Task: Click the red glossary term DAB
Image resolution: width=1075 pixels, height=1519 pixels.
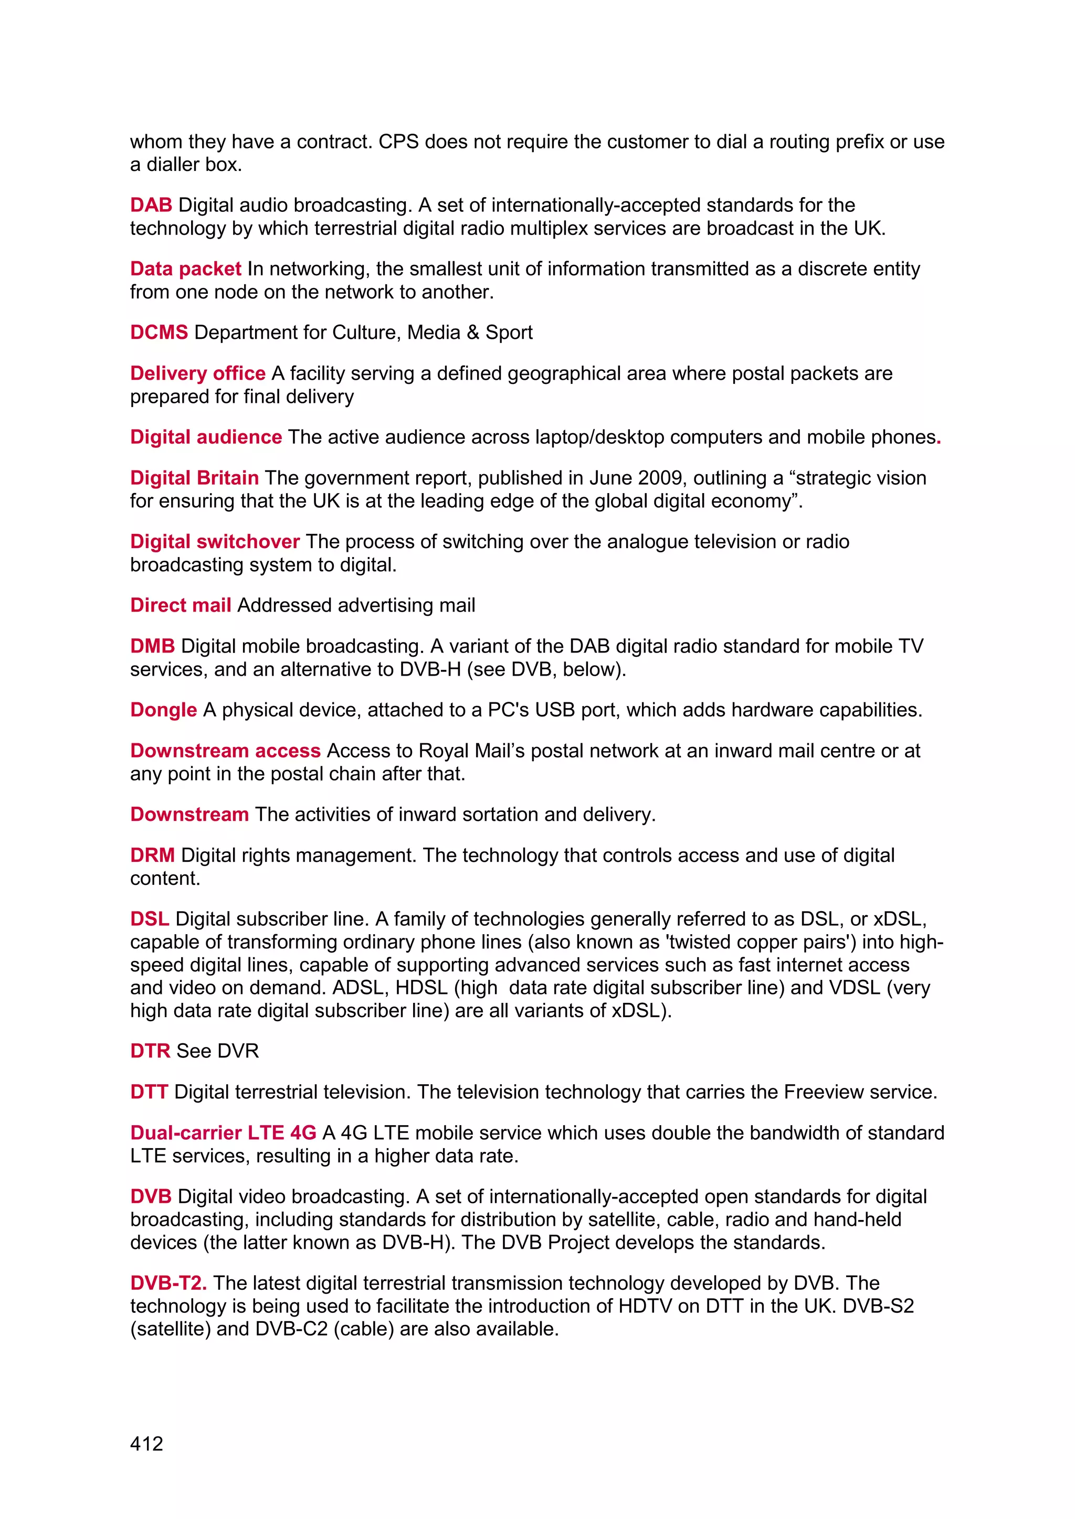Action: coord(151,205)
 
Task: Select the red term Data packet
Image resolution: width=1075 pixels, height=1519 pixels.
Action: coord(185,269)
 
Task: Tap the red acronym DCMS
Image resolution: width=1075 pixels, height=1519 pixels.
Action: coord(159,332)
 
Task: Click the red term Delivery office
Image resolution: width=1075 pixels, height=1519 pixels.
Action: coord(197,373)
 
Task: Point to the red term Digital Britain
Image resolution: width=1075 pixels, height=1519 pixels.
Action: coord(194,478)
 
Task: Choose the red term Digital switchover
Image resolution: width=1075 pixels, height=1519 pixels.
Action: coord(215,541)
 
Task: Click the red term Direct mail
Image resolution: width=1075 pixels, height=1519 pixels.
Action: coord(180,605)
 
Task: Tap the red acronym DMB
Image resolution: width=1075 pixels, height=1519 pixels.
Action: coord(152,646)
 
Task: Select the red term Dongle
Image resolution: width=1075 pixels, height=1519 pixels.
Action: coord(163,709)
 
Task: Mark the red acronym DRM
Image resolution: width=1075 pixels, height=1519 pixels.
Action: coord(152,855)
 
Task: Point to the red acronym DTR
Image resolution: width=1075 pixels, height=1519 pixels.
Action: coord(150,1051)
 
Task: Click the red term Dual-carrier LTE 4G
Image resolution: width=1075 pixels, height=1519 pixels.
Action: coord(223,1132)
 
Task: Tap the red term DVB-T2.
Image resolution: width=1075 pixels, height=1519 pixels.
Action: coord(168,1283)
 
